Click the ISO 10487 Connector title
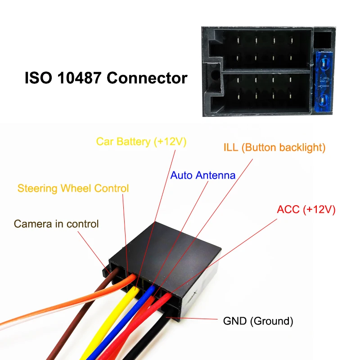coord(105,78)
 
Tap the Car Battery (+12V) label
coord(141,142)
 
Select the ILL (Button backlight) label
coord(274,148)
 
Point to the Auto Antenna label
coord(202,175)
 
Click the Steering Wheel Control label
coord(73,188)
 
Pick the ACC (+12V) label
coord(306,209)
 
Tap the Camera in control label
coord(56,224)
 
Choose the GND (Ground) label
coord(258,321)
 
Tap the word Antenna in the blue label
coord(214,175)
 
